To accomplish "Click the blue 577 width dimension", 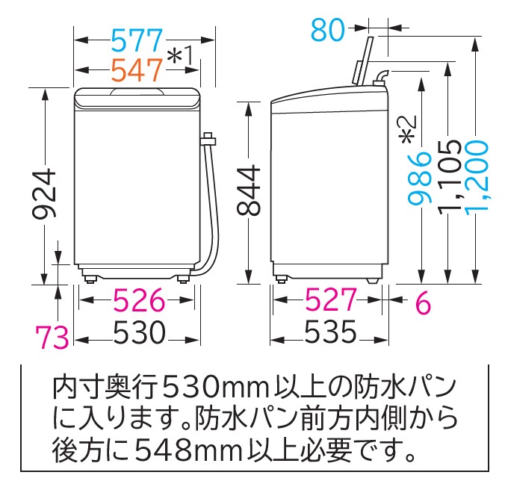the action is pos(137,40).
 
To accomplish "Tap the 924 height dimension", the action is pos(45,194).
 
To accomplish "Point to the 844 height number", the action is pos(248,190).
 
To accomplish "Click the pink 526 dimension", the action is pos(139,300).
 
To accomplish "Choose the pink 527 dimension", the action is pos(331,300).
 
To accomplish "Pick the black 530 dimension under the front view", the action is pos(140,332).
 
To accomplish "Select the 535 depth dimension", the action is pos(331,332).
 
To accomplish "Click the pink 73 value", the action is pos(52,337).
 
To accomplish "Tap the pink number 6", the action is pos(423,302).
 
